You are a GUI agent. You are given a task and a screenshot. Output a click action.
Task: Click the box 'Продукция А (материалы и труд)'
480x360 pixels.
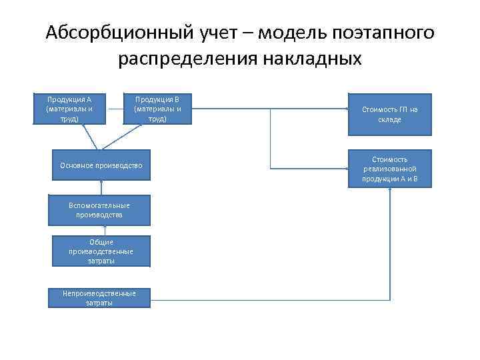(x=69, y=109)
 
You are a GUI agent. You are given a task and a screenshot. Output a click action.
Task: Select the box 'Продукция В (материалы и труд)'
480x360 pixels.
(x=157, y=109)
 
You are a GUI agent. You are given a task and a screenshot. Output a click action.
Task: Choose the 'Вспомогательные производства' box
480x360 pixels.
(x=99, y=211)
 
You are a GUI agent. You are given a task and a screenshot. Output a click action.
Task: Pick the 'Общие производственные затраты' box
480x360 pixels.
(x=100, y=251)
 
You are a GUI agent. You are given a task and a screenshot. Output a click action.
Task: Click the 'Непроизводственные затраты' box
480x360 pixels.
(x=99, y=298)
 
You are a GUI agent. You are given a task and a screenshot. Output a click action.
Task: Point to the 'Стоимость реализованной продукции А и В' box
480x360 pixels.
(x=389, y=169)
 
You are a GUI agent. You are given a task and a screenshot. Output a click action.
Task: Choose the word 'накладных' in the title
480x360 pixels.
(x=313, y=60)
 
